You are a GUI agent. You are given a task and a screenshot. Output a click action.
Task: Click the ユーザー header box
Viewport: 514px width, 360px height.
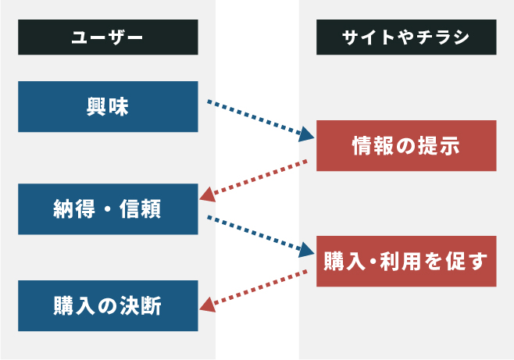pos(108,37)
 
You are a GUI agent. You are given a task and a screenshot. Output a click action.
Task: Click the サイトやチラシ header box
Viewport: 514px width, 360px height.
pos(406,37)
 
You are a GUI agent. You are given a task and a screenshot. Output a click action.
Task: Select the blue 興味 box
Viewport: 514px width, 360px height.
pos(108,106)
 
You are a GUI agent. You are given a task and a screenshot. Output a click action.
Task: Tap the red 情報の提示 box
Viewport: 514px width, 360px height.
pos(406,146)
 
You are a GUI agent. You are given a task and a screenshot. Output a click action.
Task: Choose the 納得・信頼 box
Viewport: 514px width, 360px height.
pos(108,209)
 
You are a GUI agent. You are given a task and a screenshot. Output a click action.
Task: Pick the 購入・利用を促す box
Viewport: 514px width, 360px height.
pos(406,261)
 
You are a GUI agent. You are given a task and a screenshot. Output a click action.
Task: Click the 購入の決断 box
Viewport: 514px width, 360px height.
pos(108,305)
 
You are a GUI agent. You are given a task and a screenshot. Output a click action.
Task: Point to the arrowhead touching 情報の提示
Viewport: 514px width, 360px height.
pos(305,134)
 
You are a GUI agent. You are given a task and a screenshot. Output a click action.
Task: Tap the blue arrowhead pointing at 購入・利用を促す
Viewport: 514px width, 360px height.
pos(305,250)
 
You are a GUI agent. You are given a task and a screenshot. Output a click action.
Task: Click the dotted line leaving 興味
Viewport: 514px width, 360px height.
pos(254,118)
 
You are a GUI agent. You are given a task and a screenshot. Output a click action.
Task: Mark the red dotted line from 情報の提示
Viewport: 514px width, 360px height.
pos(261,176)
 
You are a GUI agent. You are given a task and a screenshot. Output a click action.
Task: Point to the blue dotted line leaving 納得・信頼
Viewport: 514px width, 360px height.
pos(254,233)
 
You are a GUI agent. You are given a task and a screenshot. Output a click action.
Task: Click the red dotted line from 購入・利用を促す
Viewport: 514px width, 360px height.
pos(261,287)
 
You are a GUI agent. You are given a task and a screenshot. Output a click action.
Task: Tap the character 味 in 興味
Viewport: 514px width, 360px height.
pos(119,106)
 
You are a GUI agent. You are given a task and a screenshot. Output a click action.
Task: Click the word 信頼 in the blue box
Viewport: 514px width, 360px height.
pos(140,209)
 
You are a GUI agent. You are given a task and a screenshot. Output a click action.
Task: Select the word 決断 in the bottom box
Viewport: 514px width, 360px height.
pos(141,306)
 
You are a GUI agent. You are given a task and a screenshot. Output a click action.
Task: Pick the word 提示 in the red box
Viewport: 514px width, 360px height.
pos(439,146)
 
